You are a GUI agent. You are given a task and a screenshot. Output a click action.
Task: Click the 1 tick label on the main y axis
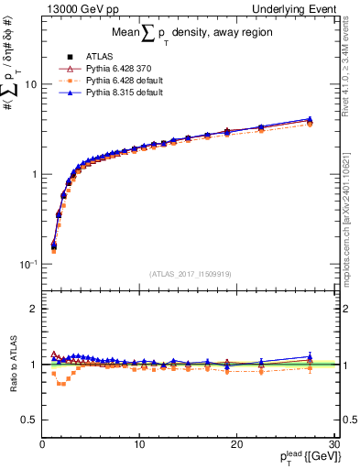pos(34,174)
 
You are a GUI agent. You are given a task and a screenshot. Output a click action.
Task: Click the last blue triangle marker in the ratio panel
pos(310,356)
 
